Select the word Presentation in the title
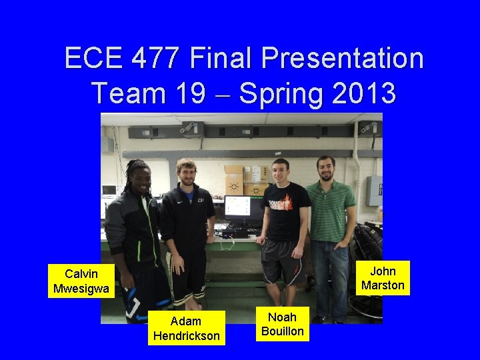tap(342, 58)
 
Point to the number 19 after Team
tap(191, 93)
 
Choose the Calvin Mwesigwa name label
tap(81, 281)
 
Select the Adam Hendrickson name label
tap(186, 328)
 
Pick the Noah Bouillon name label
tap(283, 324)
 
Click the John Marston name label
tap(383, 278)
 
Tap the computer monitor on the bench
tap(243, 209)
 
